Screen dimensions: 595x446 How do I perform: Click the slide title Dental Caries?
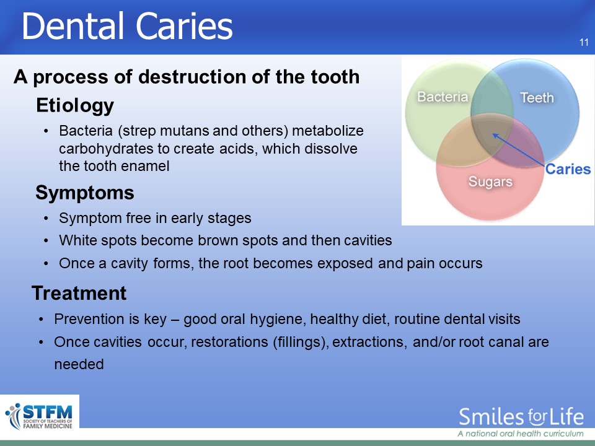pos(127,26)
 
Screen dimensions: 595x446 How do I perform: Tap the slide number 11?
pos(584,43)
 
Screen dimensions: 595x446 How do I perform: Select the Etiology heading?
pos(75,105)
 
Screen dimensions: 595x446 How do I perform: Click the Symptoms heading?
pos(85,193)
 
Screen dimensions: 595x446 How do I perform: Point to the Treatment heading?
pos(79,293)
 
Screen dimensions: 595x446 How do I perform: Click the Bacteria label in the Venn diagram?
pos(443,97)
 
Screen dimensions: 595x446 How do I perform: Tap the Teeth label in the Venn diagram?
pos(537,98)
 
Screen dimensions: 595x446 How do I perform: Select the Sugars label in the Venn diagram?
pos(490,181)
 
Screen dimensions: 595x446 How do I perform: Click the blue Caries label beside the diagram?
pos(568,169)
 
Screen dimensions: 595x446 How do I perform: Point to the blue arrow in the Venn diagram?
pos(519,150)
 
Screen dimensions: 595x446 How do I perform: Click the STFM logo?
pos(39,416)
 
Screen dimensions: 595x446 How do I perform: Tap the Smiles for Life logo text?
pos(521,416)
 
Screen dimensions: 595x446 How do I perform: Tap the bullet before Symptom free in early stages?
pos(46,219)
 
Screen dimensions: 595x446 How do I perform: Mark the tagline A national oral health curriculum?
pos(521,434)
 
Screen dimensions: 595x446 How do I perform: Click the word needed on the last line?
pos(79,364)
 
